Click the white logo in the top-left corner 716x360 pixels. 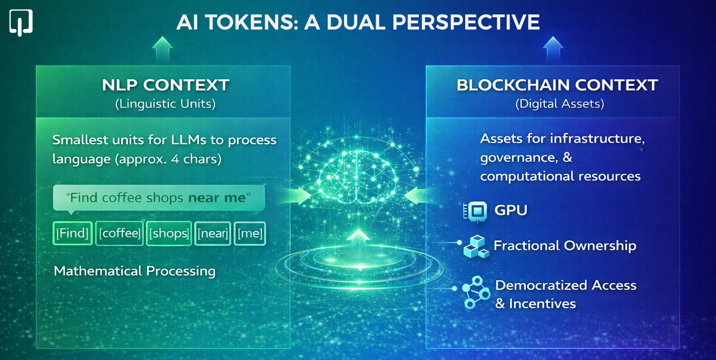pos(21,22)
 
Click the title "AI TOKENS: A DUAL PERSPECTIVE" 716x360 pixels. pos(358,22)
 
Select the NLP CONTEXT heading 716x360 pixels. pos(165,85)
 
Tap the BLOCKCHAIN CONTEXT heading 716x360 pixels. pos(558,85)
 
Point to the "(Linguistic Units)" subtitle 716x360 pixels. pos(165,104)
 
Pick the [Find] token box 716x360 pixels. pos(72,233)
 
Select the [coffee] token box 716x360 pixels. pos(119,233)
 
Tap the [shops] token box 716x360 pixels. pos(169,233)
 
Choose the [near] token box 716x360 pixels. pos(213,233)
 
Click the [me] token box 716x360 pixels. pos(250,233)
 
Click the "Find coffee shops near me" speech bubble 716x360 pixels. pos(158,198)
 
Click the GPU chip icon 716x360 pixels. pos(475,211)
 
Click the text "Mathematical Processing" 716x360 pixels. pos(135,271)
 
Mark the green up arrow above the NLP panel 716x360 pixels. pos(162,48)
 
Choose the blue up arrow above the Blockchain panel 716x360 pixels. pos(553,48)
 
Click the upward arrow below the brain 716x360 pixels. pos(358,240)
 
